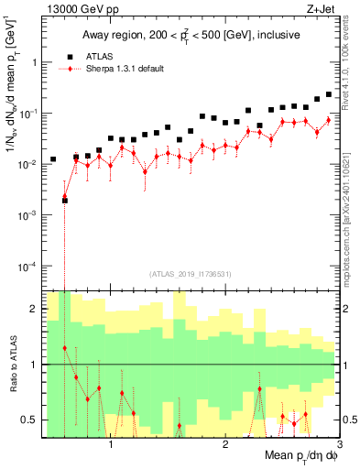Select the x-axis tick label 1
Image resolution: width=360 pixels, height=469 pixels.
click(x=111, y=444)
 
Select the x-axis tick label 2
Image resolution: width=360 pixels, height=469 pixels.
click(x=225, y=444)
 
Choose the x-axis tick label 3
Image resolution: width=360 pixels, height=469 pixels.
click(x=338, y=444)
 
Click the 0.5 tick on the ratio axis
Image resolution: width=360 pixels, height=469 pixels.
click(x=30, y=420)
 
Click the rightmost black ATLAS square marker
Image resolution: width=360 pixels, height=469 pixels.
click(x=329, y=93)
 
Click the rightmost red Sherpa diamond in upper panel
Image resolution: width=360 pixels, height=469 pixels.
click(x=329, y=120)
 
